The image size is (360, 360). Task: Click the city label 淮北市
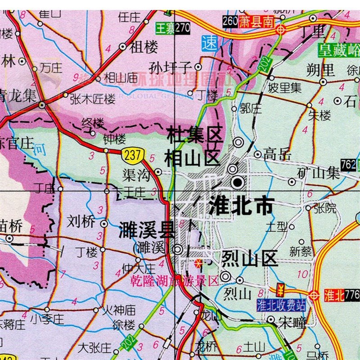pyautogui.click(x=241, y=206)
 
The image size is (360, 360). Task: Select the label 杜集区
pyautogui.click(x=194, y=135)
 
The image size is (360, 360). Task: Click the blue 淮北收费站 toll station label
pyautogui.click(x=281, y=306)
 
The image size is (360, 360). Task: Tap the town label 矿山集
pyautogui.click(x=319, y=173)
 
